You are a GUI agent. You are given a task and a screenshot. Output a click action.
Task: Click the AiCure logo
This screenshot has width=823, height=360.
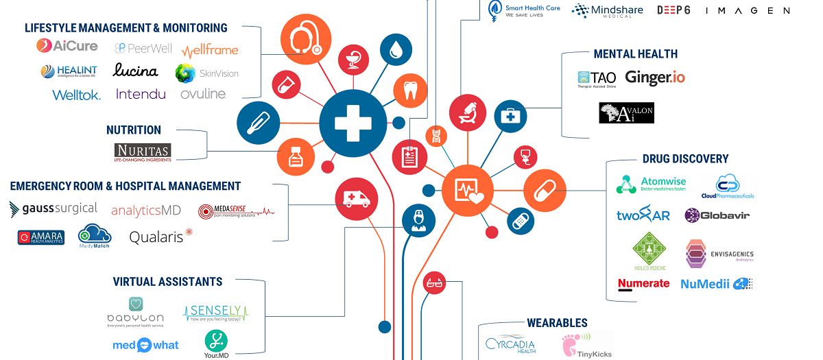(66, 46)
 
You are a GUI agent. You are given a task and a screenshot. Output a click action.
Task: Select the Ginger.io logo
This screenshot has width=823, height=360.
(654, 77)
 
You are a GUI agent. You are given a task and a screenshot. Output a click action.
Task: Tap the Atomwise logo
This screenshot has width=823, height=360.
(651, 184)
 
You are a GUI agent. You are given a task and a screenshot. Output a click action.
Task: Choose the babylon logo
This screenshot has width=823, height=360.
(135, 312)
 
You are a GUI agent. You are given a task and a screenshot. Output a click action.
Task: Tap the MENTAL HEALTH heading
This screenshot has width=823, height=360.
(635, 53)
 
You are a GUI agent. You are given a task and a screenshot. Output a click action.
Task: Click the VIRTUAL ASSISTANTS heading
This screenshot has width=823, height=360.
(167, 281)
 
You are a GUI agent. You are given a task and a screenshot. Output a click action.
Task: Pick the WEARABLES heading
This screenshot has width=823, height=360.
(557, 322)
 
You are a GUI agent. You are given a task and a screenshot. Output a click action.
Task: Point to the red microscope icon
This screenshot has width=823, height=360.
(468, 112)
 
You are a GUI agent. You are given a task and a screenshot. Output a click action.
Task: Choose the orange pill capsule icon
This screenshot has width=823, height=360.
(545, 189)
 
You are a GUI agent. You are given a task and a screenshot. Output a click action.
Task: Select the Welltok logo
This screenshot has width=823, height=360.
(76, 95)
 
